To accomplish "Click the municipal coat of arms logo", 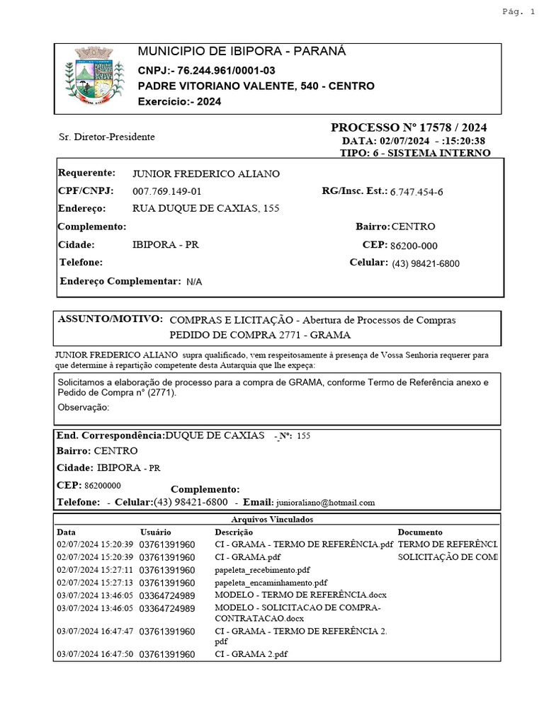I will (x=91, y=78).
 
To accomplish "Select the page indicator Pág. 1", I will (x=518, y=11).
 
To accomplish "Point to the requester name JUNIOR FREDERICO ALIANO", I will (x=206, y=174).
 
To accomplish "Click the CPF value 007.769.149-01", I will (x=167, y=192).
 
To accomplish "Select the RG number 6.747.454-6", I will (x=416, y=192).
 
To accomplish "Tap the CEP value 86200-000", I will (x=414, y=246).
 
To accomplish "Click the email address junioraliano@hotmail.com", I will (x=325, y=503).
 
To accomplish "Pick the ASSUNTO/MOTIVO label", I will (x=110, y=319).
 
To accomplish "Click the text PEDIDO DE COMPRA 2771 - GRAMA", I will (x=260, y=335).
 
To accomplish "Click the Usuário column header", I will (x=155, y=532).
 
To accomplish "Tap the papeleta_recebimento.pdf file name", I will (x=262, y=570).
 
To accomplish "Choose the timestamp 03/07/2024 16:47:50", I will (x=94, y=654).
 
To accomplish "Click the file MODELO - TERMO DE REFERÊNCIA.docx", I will (x=300, y=594).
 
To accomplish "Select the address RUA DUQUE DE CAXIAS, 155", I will (x=205, y=209).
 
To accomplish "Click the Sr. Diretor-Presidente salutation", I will (x=106, y=137).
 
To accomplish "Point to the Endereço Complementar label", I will (x=119, y=281).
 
